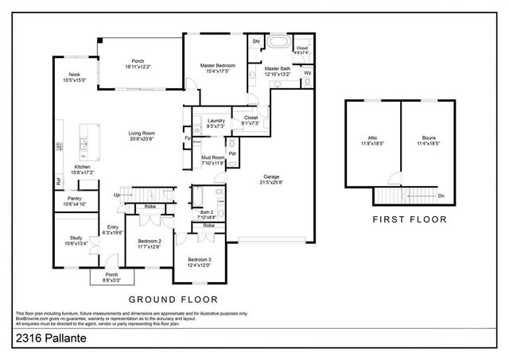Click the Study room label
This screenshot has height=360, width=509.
pos(75,240)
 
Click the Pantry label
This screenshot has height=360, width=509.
pos(75,201)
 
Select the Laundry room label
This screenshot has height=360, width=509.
pos(215,122)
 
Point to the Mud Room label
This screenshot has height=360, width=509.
pos(212,159)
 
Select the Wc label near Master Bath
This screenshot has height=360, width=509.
pos(307,72)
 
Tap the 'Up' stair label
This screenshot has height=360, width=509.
pos(117,195)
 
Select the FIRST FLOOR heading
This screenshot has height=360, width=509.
pos(409,219)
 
